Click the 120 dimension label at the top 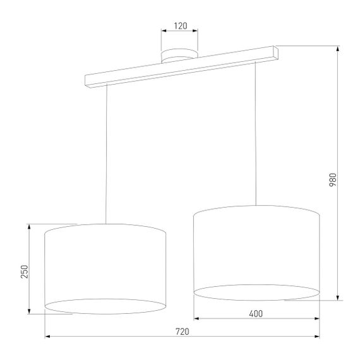click(180, 26)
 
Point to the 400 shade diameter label click(256, 313)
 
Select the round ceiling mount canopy click(180, 56)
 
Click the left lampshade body click(105, 265)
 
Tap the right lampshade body click(256, 249)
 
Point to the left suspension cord click(106, 155)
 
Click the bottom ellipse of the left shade click(105, 308)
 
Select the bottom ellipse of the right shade click(256, 292)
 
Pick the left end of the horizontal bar click(89, 80)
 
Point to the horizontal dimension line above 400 click(256, 318)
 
